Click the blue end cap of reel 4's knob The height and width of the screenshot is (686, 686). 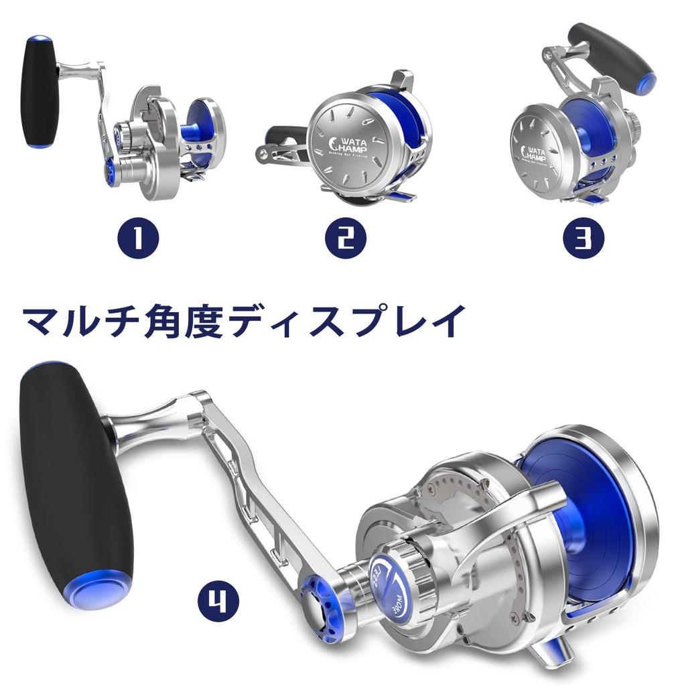[101, 590]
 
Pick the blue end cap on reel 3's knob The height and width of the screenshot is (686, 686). [647, 82]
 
